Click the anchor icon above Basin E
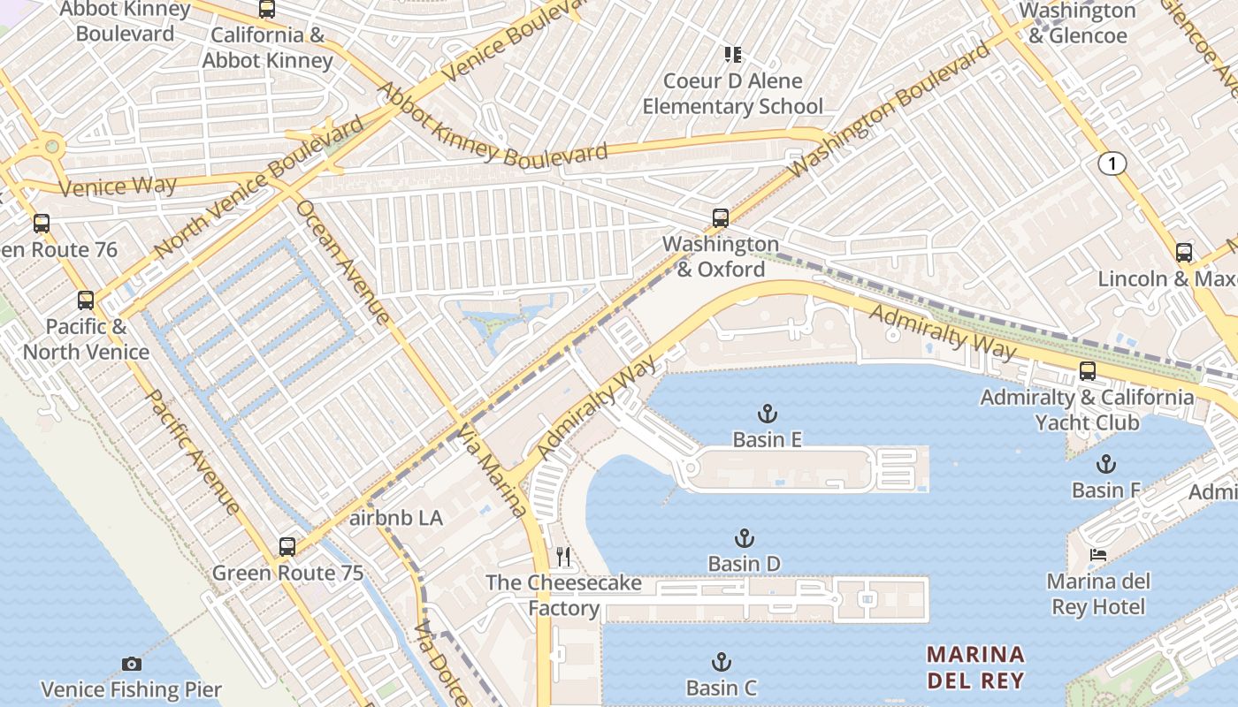click(x=768, y=413)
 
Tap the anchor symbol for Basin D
click(x=745, y=538)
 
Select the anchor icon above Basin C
click(x=722, y=662)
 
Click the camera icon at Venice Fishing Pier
click(x=132, y=664)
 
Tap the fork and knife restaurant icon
click(x=562, y=557)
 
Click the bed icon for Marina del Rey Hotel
click(x=1098, y=555)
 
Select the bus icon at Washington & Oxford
click(x=721, y=218)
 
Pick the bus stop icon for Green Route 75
click(x=287, y=547)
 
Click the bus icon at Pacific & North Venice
click(x=86, y=300)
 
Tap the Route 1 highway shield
click(x=1112, y=163)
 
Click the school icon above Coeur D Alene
click(x=732, y=55)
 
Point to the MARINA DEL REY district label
click(x=975, y=667)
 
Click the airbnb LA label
click(x=396, y=518)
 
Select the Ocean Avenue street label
click(x=342, y=262)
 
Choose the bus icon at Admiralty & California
click(x=1088, y=371)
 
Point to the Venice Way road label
click(x=118, y=186)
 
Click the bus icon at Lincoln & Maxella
click(x=1184, y=253)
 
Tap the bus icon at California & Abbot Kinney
click(x=267, y=10)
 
